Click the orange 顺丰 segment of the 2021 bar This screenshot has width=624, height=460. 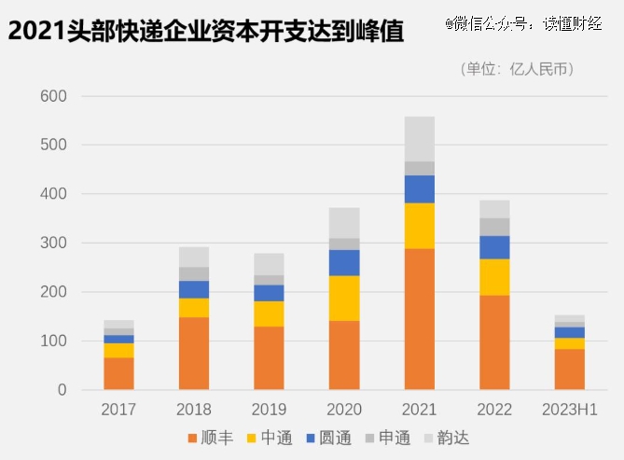pos(419,318)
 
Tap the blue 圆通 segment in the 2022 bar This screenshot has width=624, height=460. pos(494,246)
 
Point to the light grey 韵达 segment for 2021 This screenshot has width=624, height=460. pos(419,138)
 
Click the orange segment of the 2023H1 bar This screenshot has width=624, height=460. pos(569,369)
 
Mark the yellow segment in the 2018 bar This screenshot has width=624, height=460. pos(193,307)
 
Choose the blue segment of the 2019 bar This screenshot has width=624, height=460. pos(269,292)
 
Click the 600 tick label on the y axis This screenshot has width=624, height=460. pos(53,96)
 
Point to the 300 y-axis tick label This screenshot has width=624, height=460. pos(53,243)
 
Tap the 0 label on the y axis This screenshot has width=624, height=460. pos(62,390)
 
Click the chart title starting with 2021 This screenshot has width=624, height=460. pos(205,32)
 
